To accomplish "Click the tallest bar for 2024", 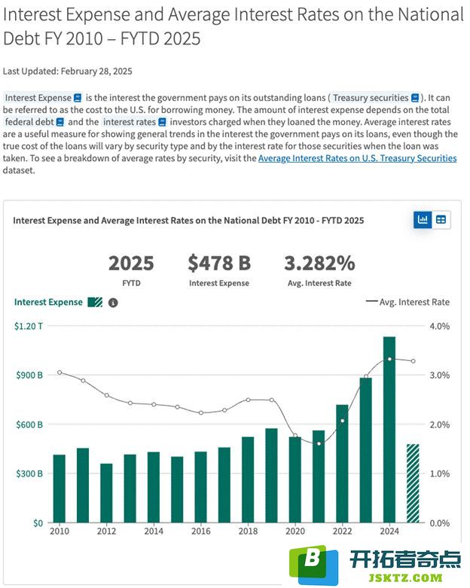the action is tap(389, 429).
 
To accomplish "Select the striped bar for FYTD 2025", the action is tap(413, 483).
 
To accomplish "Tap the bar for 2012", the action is tap(106, 492).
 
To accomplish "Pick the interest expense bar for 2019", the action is tap(272, 475).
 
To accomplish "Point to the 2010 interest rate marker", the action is tap(60, 373).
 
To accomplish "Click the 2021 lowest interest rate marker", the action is tap(319, 443).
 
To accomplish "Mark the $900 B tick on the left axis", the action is tap(29, 375).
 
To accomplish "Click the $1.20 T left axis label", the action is tap(29, 326).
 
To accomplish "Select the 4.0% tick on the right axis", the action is tap(440, 326).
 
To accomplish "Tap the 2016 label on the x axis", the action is tap(200, 531).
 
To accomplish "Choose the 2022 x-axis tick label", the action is tap(342, 531).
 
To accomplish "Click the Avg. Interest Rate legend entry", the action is tap(407, 302).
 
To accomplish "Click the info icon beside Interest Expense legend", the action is tap(113, 303).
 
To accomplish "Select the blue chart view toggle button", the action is tap(423, 220).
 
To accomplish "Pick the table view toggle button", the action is tap(441, 220).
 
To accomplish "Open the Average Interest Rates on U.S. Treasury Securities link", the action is tap(358, 158).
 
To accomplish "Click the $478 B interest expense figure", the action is tap(219, 263).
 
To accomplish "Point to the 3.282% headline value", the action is tap(319, 263).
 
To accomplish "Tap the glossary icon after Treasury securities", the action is tap(415, 98).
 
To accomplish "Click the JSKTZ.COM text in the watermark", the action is tap(405, 578).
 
